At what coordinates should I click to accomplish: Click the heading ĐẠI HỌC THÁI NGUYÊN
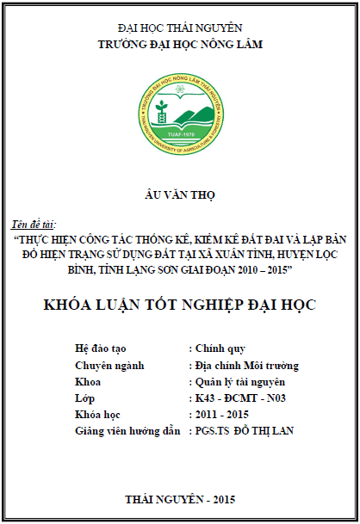(x=180, y=28)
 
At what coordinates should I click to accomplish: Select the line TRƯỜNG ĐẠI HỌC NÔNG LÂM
(x=180, y=43)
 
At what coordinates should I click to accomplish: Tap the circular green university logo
(x=180, y=107)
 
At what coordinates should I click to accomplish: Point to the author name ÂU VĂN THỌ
(x=179, y=195)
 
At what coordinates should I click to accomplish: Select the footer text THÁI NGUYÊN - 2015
(x=179, y=499)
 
